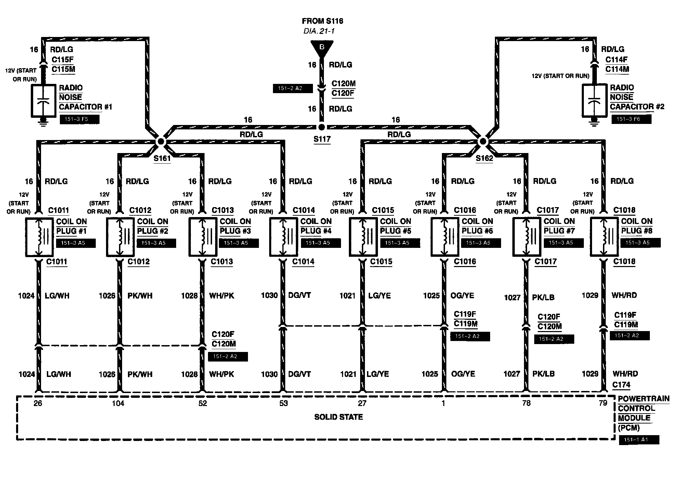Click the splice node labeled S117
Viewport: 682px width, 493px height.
321,127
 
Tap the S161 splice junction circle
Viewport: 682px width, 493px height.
160,141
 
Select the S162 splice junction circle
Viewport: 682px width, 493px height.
483,141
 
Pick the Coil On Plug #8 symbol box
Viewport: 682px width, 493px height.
604,237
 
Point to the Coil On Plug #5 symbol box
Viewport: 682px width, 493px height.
363,237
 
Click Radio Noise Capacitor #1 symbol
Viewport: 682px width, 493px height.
43,101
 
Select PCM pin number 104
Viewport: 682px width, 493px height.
118,403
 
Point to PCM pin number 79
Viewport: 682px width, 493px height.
603,403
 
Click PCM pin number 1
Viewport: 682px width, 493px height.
443,403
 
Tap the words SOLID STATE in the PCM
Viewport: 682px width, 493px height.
338,417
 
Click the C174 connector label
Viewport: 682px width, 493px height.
621,385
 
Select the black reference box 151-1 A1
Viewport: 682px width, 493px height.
639,440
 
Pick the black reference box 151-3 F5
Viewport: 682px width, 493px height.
79,119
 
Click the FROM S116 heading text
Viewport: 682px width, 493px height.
322,21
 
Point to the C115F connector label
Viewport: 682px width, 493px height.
63,60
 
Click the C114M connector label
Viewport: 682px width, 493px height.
617,69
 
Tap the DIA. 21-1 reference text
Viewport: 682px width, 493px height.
319,31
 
